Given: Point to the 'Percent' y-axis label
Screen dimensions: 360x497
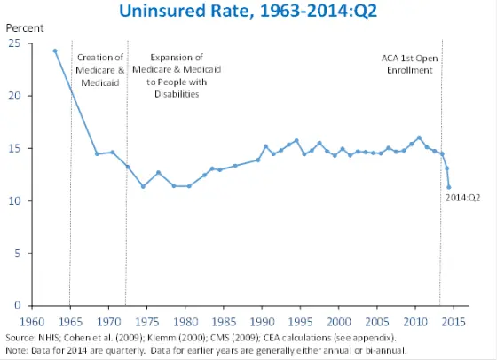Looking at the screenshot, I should (25, 28).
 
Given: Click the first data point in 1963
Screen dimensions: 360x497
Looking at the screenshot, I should (55, 51).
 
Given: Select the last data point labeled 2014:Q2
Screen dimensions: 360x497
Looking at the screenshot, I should (449, 187).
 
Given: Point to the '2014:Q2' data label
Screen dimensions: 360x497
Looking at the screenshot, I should (461, 198).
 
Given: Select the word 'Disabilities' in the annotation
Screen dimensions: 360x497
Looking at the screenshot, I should (176, 93).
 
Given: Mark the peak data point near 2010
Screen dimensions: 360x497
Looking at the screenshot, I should (419, 137).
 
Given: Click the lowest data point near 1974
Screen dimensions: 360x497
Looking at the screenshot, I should (143, 186).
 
